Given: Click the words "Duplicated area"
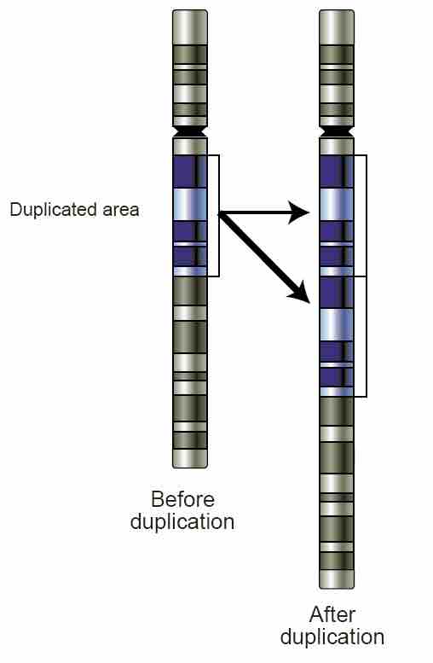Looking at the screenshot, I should (x=74, y=209).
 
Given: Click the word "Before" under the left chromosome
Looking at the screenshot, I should (x=182, y=499).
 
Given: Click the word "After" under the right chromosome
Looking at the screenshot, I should (x=332, y=614).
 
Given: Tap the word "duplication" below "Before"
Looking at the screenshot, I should (x=182, y=521).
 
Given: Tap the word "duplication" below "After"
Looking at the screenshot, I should (x=332, y=637).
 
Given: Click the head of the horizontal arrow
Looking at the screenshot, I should (x=299, y=212).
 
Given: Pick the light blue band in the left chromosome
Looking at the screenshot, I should (x=189, y=204).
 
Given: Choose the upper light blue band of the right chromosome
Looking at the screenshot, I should (x=336, y=204).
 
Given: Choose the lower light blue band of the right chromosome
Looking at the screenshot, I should (x=336, y=324).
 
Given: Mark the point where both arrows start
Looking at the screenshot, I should (x=220, y=213).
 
